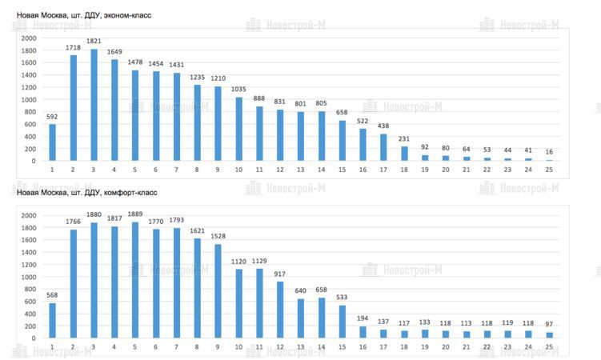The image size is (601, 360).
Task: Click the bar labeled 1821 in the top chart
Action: [x=94, y=106]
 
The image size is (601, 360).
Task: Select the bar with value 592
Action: [x=53, y=142]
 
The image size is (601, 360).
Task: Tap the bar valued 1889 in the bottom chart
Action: [x=135, y=281]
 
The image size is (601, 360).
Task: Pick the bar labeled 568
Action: [x=53, y=320]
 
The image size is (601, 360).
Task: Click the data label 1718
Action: [x=74, y=48]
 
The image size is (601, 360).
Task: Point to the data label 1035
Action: [x=238, y=90]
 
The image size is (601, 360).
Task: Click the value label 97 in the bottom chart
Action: [x=548, y=324]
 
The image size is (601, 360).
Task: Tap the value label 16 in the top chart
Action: [x=548, y=151]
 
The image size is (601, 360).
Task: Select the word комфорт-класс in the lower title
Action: [x=131, y=193]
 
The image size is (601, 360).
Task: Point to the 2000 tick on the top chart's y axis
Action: [x=29, y=38]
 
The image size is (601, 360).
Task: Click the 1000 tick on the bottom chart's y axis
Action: [x=29, y=277]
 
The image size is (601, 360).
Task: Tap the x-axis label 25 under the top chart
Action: [x=548, y=169]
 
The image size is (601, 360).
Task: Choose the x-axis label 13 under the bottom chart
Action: [x=301, y=346]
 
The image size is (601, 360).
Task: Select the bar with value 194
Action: [x=363, y=332]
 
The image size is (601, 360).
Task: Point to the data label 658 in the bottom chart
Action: [x=321, y=290]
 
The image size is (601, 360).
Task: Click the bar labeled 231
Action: [x=403, y=154]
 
